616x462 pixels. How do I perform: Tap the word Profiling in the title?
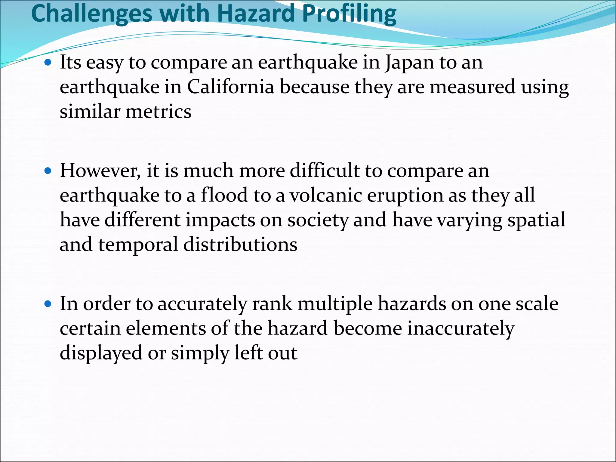(x=349, y=14)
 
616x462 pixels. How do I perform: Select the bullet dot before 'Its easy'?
(x=48, y=63)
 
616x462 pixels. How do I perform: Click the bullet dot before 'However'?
(x=48, y=171)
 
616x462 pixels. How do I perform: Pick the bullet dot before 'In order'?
(x=48, y=304)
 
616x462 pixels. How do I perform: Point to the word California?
(x=231, y=87)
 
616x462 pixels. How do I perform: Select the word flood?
(x=224, y=195)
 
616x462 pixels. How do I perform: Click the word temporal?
(x=138, y=245)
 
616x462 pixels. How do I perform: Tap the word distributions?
(x=240, y=244)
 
